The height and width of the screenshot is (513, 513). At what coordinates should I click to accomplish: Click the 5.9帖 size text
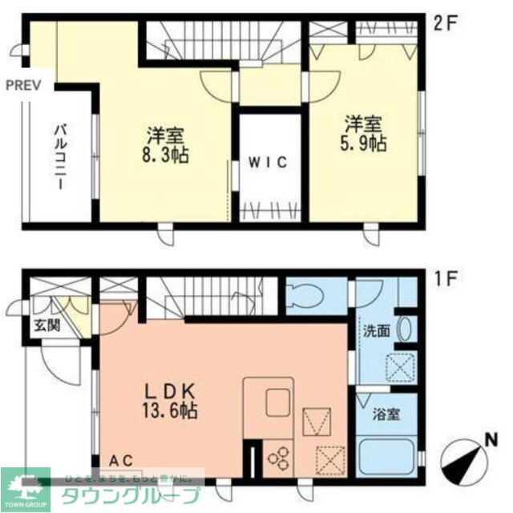[366, 143]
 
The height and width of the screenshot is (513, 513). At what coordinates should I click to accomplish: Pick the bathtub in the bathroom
[386, 458]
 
